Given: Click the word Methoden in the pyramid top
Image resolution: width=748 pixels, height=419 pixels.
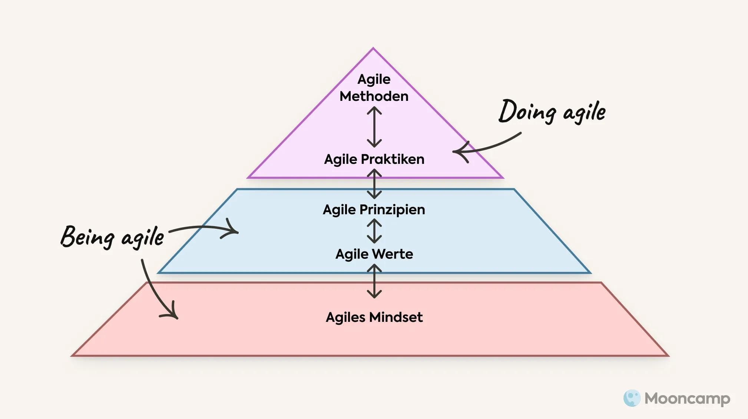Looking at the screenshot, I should [374, 96].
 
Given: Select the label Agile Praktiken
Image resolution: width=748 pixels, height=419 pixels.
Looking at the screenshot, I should [374, 159].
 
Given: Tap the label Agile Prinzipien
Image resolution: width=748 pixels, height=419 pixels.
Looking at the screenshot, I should [374, 209].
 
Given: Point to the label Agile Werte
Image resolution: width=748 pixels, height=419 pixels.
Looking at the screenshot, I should [374, 254].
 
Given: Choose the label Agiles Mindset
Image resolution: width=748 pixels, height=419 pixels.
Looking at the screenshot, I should [374, 317].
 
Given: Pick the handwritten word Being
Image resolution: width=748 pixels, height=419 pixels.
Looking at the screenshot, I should [87, 237].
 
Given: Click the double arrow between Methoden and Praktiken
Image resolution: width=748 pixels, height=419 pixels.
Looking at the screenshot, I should [374, 127].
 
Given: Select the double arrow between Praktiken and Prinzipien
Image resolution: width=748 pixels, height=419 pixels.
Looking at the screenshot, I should [374, 184].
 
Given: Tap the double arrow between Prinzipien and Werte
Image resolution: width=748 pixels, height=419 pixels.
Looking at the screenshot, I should [374, 231].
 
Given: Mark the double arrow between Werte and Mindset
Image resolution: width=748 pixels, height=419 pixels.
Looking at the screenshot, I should [374, 281].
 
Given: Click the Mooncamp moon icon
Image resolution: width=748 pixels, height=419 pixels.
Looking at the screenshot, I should [632, 398].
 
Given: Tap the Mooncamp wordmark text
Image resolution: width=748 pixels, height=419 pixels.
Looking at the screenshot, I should [687, 399].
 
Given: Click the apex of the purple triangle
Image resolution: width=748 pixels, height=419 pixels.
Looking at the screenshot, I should [373, 49].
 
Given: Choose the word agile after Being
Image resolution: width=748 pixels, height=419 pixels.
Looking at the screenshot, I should [143, 237].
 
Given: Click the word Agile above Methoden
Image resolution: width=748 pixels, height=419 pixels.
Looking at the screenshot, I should [374, 79].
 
